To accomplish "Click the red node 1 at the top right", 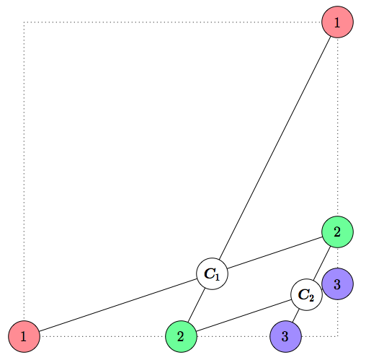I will pos(336,22).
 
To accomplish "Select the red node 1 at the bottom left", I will pos(24,335).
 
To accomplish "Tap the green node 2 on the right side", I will pos(336,232).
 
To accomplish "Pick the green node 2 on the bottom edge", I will pos(181,335).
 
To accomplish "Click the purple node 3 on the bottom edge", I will pos(285,335).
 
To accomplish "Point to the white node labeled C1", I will pos(213,273).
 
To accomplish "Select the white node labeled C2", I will pos(306,294).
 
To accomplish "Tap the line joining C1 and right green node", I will pos(274,253).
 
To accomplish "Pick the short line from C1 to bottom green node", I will pos(197,304).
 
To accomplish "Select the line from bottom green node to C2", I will pos(244,315).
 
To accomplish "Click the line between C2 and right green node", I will pos(321,263).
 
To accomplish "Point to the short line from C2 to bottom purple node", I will pos(295,315).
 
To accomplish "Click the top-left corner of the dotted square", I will pos(24,23).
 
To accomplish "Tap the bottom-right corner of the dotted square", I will pos(337,335).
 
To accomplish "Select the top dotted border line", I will pos(173,23).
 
